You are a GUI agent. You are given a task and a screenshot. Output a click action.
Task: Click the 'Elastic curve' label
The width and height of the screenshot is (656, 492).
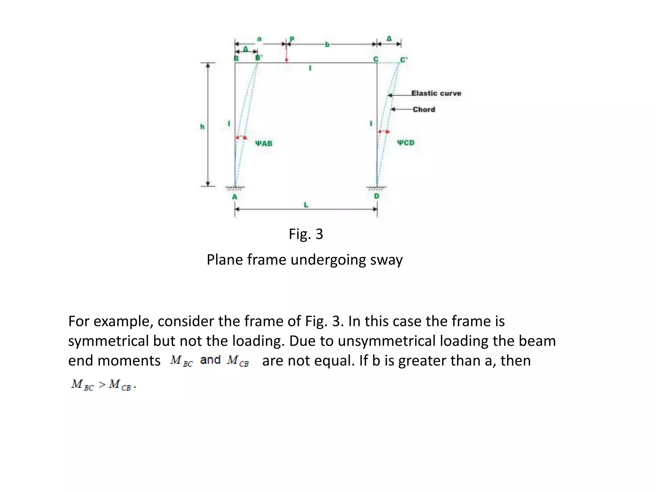[436, 93]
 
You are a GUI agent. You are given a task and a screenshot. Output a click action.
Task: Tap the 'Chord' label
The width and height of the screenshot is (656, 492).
[424, 110]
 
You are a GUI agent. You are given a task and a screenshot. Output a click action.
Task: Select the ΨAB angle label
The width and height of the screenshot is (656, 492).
[264, 143]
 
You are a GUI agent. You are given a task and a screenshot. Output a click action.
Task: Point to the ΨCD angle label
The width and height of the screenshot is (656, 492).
[406, 143]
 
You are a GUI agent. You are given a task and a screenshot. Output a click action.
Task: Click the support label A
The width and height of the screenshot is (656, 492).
[235, 197]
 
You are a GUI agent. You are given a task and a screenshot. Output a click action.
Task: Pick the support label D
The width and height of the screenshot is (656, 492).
[377, 196]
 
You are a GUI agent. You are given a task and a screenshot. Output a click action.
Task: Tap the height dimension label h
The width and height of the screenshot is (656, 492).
[202, 127]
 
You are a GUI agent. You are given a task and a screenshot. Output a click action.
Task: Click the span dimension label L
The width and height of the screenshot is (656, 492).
[306, 205]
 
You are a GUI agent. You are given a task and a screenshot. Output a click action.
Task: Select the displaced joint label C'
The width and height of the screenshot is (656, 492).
[404, 60]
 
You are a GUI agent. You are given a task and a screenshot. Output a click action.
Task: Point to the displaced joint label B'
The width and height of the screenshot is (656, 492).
[258, 58]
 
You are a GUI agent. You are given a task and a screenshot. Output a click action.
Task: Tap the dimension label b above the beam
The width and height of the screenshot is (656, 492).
[327, 45]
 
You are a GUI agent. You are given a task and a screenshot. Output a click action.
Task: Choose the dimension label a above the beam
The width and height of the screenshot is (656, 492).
[259, 39]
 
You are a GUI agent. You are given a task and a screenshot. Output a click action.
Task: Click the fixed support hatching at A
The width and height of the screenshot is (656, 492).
[235, 189]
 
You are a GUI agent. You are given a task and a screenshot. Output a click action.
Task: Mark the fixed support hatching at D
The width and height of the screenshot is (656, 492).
[377, 189]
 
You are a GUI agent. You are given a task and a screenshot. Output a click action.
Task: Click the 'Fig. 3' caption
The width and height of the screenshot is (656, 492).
[306, 234]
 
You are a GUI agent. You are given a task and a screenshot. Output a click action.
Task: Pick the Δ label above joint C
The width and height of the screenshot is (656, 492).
[389, 39]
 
